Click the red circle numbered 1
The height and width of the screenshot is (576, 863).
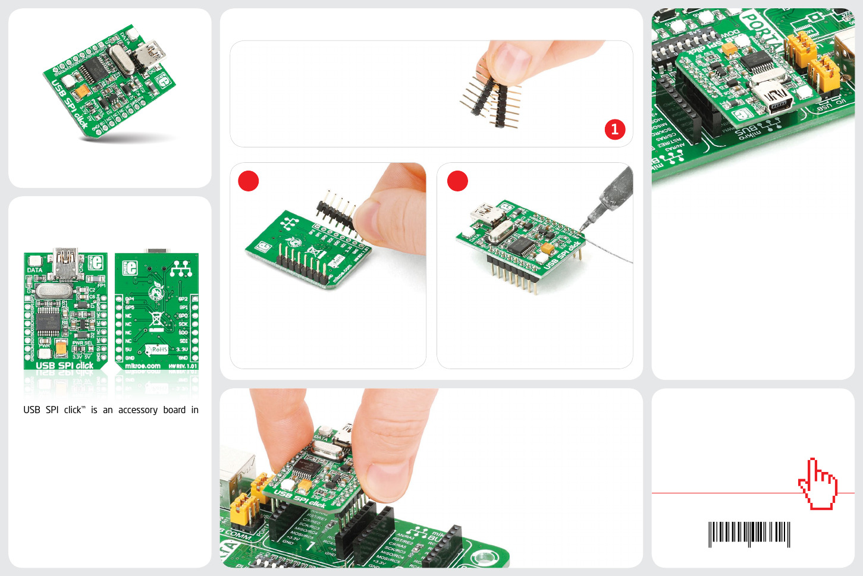coord(614,129)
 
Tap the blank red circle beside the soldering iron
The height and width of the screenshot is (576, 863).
coord(457,181)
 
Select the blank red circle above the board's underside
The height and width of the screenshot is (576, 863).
coord(249,181)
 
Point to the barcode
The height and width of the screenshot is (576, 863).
coord(749,533)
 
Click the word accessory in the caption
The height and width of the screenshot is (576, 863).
coord(137,410)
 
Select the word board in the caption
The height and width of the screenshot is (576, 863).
coord(174,410)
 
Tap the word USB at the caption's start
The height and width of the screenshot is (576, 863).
coord(32,410)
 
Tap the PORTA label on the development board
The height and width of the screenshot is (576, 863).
coord(762,32)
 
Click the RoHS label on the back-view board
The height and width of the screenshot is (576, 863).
coord(158,349)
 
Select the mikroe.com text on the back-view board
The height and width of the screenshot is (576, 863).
coord(143,366)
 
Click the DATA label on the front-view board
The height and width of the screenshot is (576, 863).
coord(34,270)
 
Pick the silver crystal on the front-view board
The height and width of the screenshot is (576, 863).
coord(54,291)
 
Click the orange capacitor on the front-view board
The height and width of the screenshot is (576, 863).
coord(61,348)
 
